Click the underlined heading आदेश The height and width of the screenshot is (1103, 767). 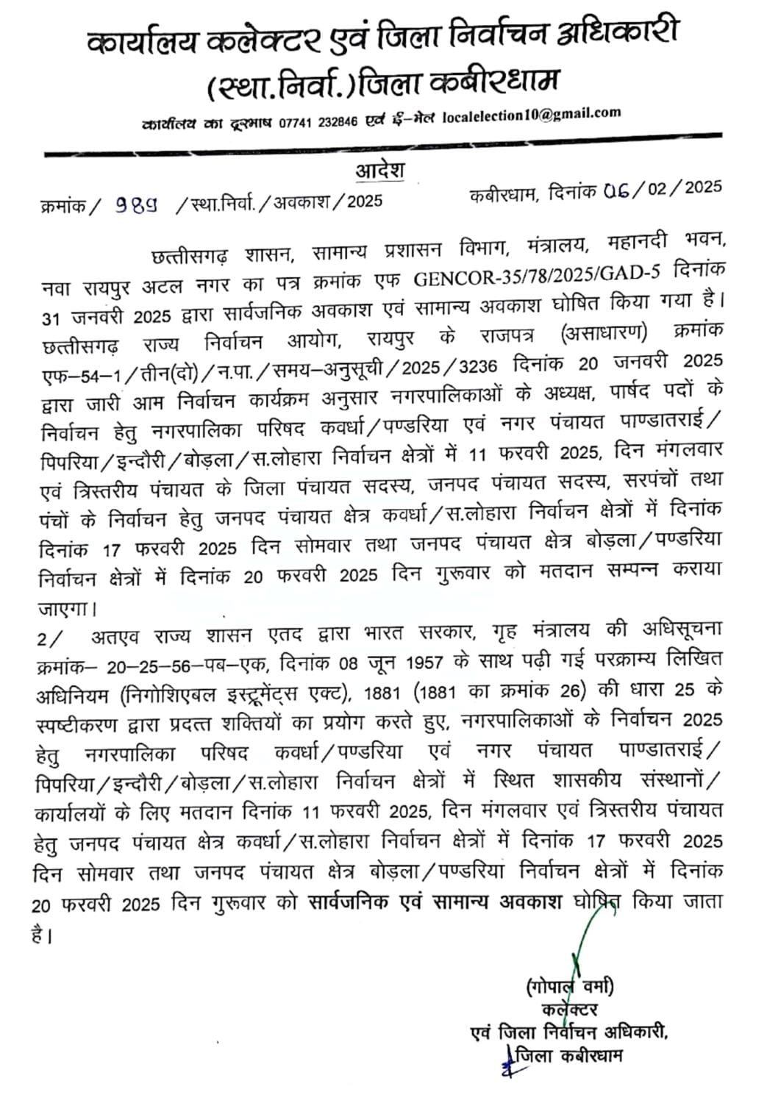[x=381, y=171]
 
